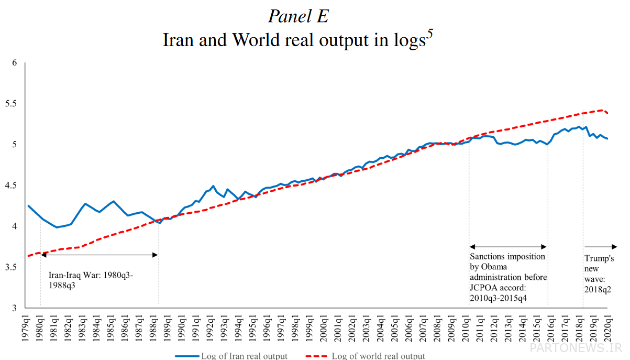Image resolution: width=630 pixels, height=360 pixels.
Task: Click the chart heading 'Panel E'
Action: pyautogui.click(x=298, y=16)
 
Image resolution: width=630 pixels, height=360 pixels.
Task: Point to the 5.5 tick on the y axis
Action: pyautogui.click(x=10, y=104)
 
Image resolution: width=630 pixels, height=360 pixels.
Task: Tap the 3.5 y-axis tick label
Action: pyautogui.click(x=10, y=267)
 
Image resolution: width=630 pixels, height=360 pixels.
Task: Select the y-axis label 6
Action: pyautogui.click(x=15, y=63)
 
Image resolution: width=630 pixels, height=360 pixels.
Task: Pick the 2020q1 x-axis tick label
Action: pyautogui.click(x=609, y=330)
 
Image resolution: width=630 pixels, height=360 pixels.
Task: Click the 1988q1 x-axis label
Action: pyautogui.click(x=154, y=330)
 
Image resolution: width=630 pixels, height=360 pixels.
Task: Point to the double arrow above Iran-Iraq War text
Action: pyautogui.click(x=99, y=255)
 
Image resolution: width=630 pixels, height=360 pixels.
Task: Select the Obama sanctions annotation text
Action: pyautogui.click(x=509, y=277)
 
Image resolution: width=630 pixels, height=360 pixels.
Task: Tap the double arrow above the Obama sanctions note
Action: pyautogui.click(x=508, y=247)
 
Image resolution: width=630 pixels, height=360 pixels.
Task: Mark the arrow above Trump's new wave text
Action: pyautogui.click(x=600, y=247)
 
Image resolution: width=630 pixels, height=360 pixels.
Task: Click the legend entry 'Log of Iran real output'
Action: pyautogui.click(x=244, y=356)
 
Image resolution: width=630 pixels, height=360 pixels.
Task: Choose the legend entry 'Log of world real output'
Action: pyautogui.click(x=378, y=356)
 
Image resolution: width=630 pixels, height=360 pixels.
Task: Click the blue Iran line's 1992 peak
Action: pyautogui.click(x=213, y=186)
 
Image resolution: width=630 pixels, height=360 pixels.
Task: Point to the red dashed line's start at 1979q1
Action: pyautogui.click(x=27, y=256)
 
